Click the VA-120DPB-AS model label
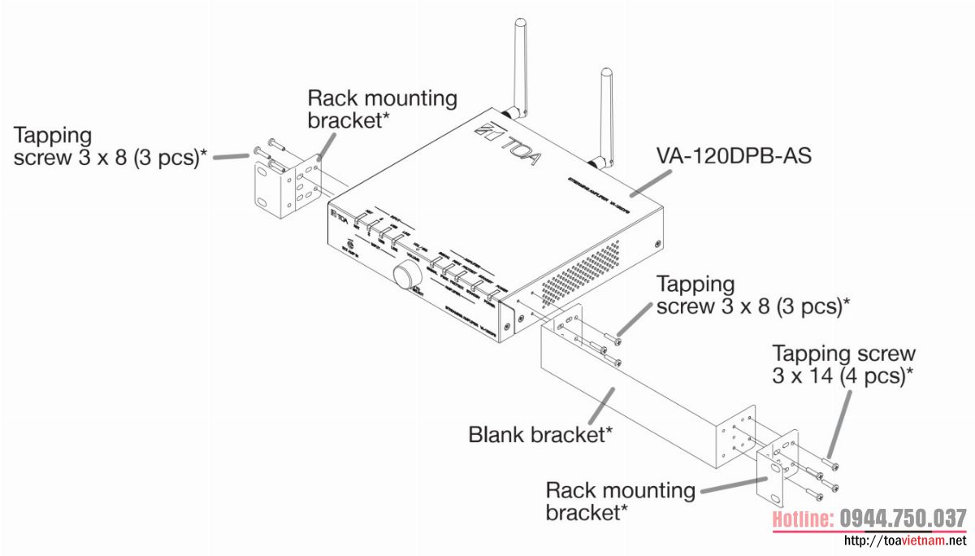pos(734,154)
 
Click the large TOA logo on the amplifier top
pos(509,147)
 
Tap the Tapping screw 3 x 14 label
pos(843,364)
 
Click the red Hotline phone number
pos(868,519)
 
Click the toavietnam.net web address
pos(906,541)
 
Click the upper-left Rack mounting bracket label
pos(382,109)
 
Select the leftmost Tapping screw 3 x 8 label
pos(106,146)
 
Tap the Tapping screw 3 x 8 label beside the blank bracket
pos(752,296)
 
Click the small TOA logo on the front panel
pos(339,215)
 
